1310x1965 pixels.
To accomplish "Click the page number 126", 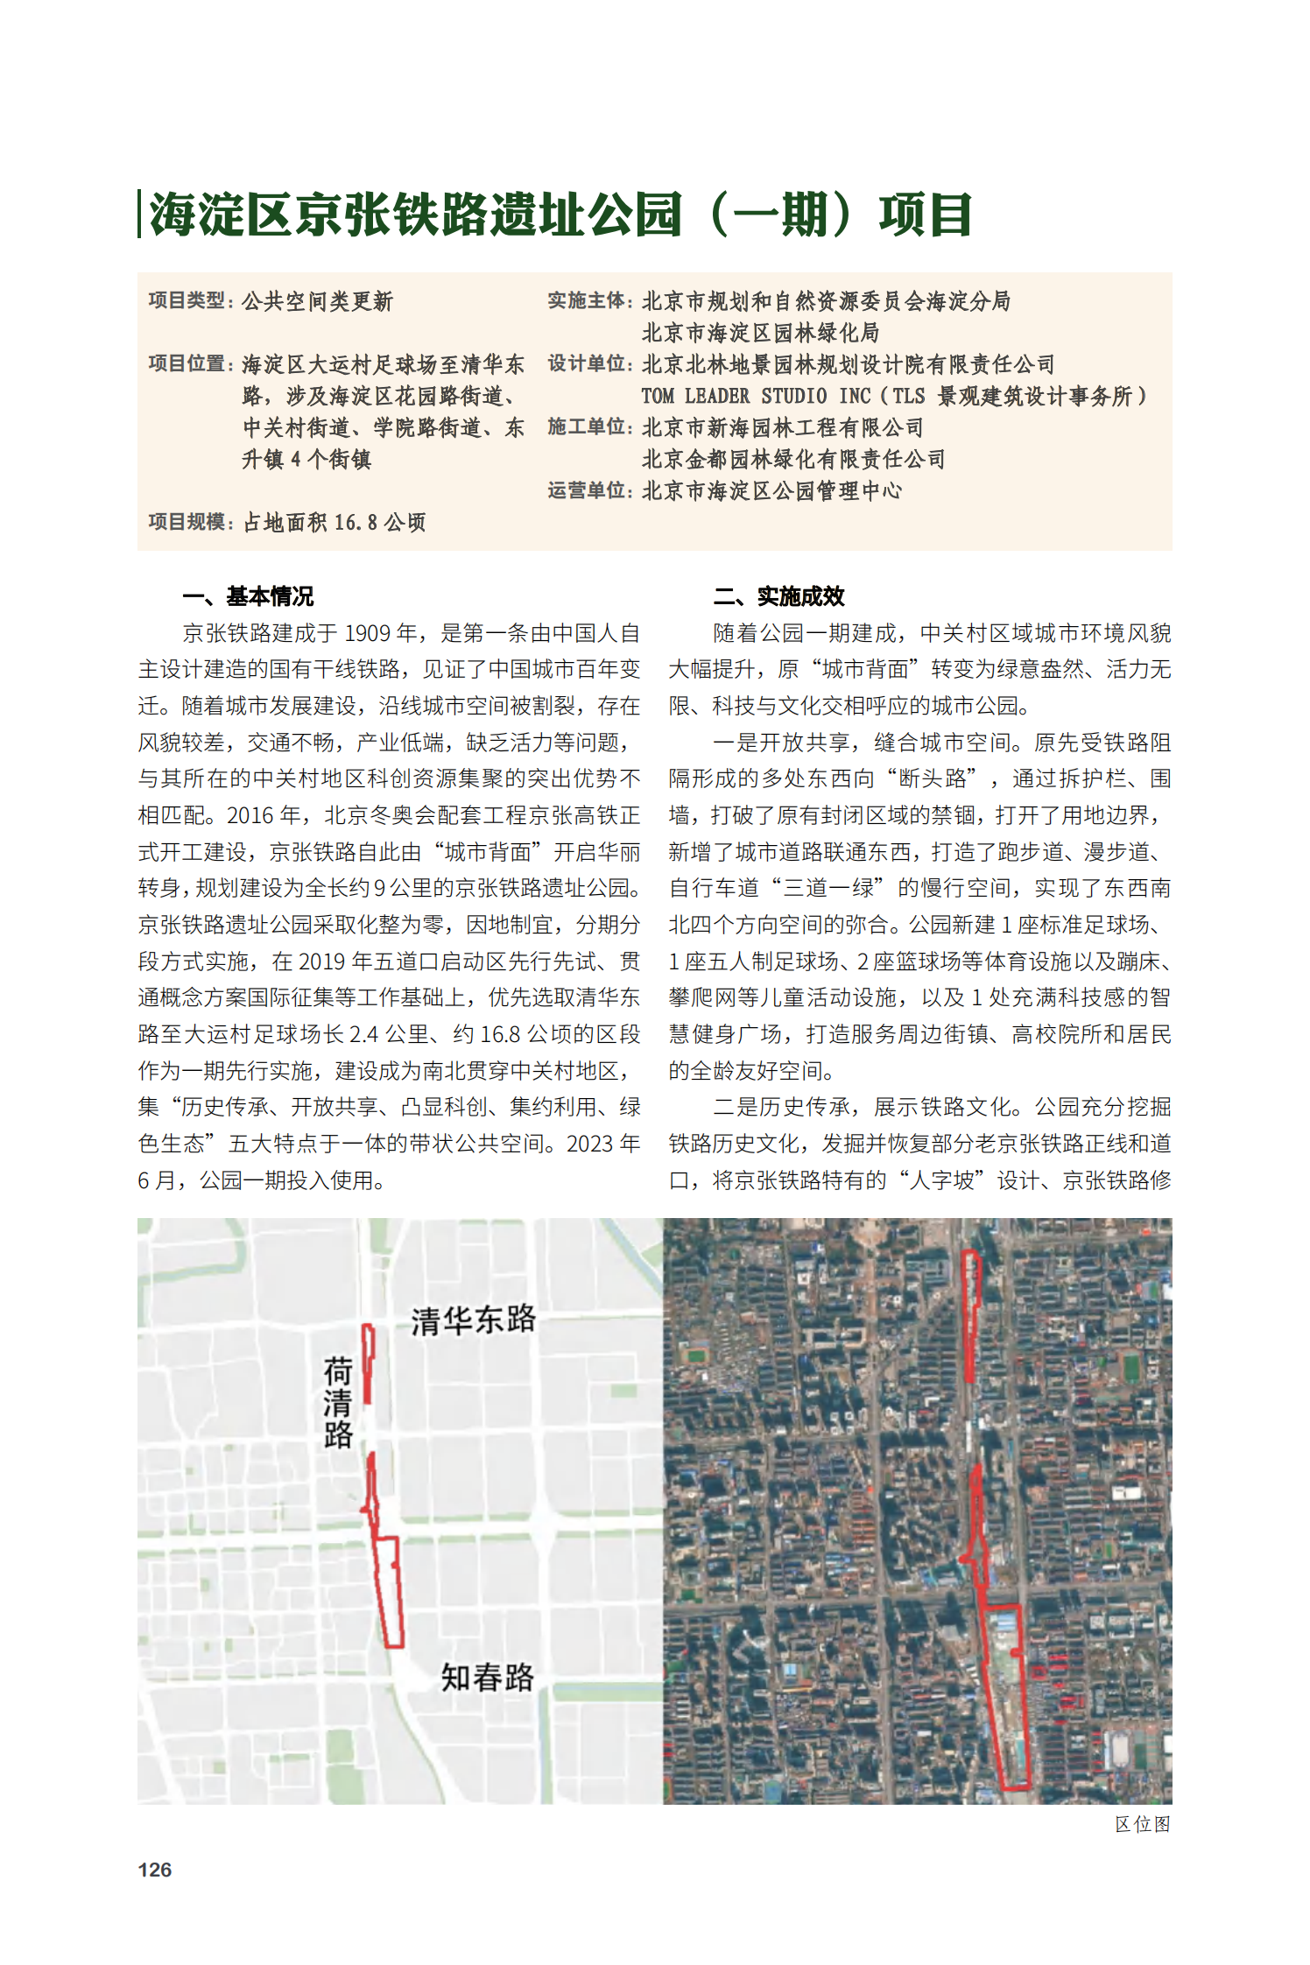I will [154, 1870].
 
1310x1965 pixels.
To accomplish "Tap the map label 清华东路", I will [473, 1320].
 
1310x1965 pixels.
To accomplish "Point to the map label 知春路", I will [487, 1677].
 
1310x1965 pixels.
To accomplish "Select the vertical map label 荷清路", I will [338, 1402].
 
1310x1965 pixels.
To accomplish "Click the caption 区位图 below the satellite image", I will [1142, 1824].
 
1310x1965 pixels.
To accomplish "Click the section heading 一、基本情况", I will [248, 596].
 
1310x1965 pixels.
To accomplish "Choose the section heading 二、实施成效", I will [778, 596].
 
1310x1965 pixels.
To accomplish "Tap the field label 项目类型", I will [188, 301].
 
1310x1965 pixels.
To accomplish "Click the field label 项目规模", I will [188, 523].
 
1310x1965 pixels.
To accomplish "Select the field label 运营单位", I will [588, 491].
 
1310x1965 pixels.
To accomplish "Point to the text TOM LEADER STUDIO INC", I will [756, 397].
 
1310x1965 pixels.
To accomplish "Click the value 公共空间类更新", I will [317, 301].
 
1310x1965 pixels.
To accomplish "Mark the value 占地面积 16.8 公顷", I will [334, 523].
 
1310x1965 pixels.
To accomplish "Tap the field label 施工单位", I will [588, 427].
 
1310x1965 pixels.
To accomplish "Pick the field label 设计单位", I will [588, 364].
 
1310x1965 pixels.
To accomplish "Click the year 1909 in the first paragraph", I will [368, 633].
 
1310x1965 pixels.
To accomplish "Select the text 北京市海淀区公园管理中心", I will [771, 491].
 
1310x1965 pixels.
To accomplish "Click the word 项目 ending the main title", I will [926, 215].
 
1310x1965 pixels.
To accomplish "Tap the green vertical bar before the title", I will [139, 214].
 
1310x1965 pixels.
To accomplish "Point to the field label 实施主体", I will [588, 301].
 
